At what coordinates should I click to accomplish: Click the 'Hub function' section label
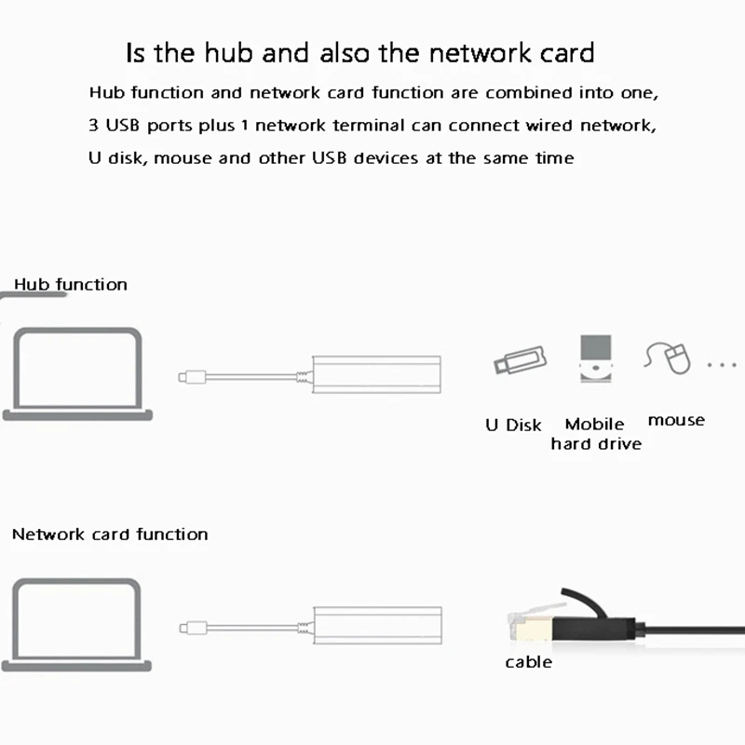71,284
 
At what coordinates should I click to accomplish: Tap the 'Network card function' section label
110,535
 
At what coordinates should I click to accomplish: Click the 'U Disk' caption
513,425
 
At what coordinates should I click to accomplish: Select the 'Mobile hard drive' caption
595,434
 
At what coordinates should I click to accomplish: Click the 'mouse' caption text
676,420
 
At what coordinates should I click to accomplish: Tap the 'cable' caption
528,662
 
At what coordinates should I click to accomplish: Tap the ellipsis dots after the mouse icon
721,364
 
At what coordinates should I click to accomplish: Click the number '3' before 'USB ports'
94,125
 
